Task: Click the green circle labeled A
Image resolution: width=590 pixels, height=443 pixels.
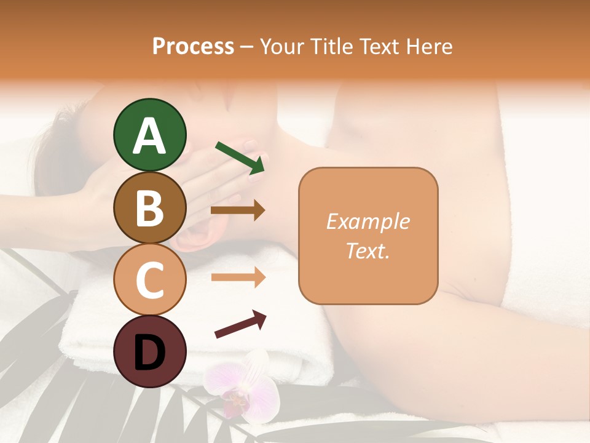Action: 149,135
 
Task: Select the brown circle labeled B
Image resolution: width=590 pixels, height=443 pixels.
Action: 149,207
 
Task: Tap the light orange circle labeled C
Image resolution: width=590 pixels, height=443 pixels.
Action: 149,280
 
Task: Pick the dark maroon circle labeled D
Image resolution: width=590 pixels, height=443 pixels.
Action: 149,352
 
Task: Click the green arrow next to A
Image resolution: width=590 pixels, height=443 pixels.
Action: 240,158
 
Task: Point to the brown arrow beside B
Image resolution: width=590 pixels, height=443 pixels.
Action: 238,210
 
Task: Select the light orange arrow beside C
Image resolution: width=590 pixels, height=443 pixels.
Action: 238,277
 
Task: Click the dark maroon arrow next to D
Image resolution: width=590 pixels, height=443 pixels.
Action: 240,324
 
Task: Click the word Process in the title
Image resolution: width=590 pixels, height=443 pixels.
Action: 193,47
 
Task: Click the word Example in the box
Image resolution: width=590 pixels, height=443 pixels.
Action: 368,221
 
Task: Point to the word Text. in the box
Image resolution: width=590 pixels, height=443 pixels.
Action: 368,250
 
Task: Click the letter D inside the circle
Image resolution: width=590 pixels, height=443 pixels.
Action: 149,353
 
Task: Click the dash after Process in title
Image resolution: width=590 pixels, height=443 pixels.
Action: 246,47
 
